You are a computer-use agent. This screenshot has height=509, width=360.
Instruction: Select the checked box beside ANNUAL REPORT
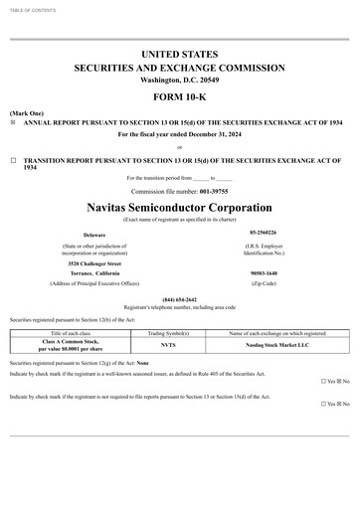click(13, 122)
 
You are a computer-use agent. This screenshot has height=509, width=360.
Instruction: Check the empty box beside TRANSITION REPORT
click(13, 159)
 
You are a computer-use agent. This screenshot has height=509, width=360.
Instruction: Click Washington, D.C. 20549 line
click(179, 80)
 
